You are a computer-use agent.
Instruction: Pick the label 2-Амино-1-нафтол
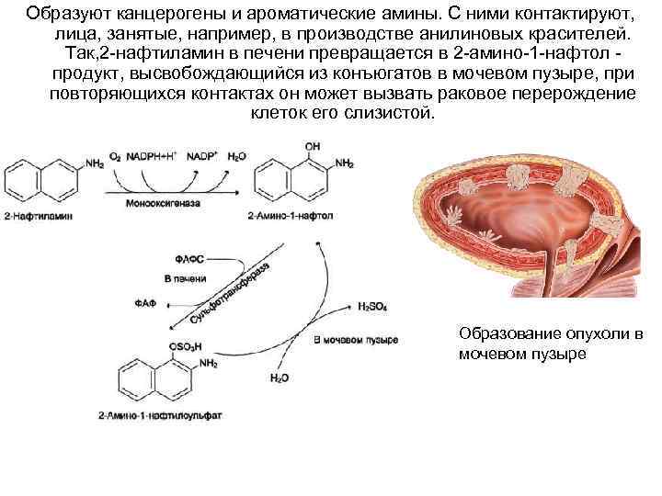tap(288, 216)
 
